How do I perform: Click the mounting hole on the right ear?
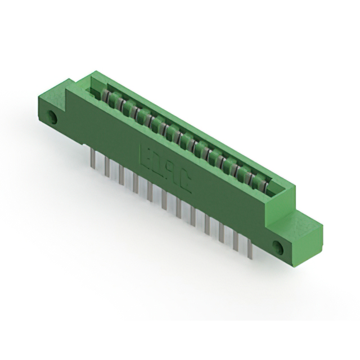[277, 246]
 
